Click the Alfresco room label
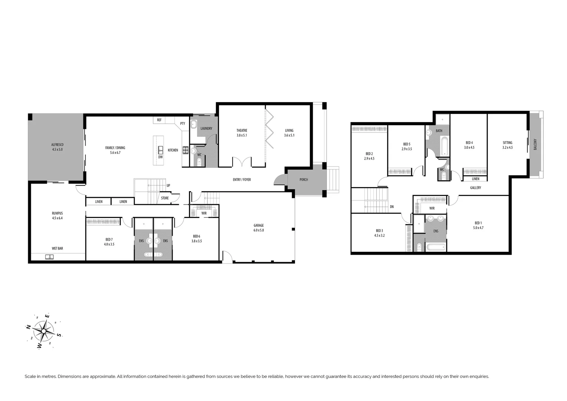pos(57,147)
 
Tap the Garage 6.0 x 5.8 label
pos(259,228)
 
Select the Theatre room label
pos(242,133)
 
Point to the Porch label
pos(304,180)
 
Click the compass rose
pos(44,330)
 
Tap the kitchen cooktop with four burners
pos(186,150)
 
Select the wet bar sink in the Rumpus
pos(49,257)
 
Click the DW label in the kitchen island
pos(160,157)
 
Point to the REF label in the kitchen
pos(159,120)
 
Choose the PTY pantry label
pos(183,124)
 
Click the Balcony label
pos(535,144)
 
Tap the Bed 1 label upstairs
pos(478,225)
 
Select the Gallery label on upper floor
pos(475,188)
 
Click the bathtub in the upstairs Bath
pos(444,146)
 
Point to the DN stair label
pos(392,207)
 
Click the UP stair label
pos(168,186)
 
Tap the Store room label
pos(165,198)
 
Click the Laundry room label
pos(206,128)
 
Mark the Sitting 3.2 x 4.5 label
pos(507,145)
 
